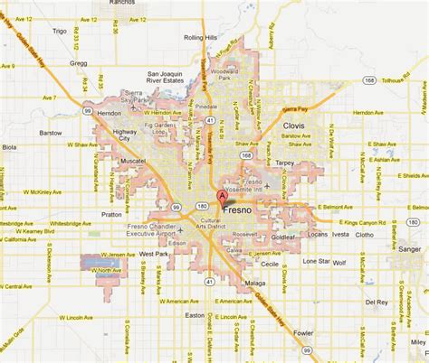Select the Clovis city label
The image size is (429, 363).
(x=292, y=126)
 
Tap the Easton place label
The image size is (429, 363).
(x=194, y=315)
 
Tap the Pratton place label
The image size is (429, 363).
(x=112, y=214)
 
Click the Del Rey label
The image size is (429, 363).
(x=376, y=302)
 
